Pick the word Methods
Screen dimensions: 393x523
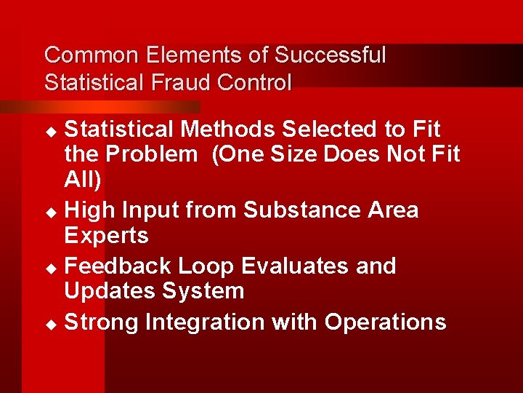coord(228,130)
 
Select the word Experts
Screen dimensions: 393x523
coord(106,236)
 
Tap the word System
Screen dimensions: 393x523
coord(203,292)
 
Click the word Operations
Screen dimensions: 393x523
coord(385,322)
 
